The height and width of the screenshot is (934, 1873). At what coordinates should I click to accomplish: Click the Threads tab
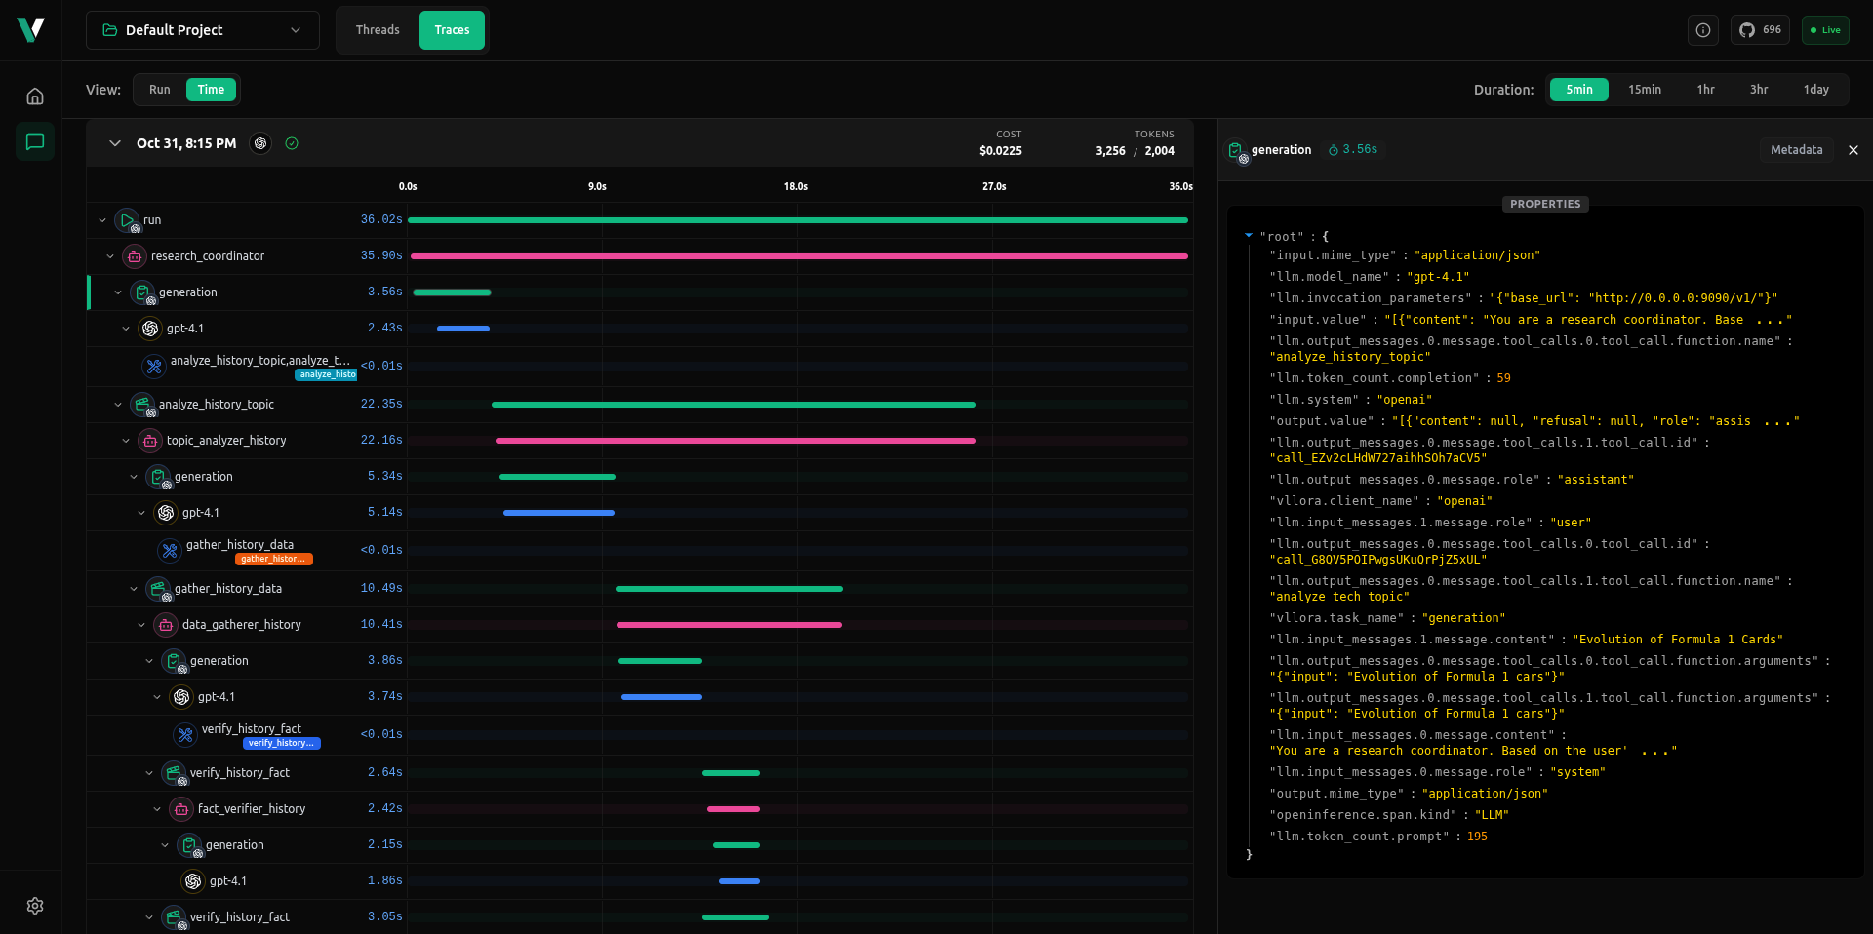click(378, 30)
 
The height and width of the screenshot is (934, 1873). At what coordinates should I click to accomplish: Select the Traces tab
click(452, 30)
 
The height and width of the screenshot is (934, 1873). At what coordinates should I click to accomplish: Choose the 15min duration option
click(1644, 90)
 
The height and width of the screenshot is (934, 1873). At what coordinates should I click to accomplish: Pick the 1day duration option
click(1815, 90)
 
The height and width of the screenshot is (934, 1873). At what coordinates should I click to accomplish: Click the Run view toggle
click(159, 90)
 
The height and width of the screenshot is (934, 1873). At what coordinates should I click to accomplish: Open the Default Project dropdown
click(203, 30)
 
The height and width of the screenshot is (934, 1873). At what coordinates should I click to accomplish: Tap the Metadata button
click(1796, 150)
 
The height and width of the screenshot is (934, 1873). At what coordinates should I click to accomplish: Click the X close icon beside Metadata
click(1853, 150)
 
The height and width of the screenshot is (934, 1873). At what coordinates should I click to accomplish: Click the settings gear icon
click(35, 906)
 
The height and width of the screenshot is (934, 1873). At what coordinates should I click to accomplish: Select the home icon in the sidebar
click(35, 97)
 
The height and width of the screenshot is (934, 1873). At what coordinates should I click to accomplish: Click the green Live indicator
click(1824, 30)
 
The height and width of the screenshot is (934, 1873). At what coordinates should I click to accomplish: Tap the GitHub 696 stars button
click(1760, 30)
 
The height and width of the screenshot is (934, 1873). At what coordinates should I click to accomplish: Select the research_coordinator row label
click(208, 256)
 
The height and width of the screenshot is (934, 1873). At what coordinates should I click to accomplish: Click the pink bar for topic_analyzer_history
click(735, 441)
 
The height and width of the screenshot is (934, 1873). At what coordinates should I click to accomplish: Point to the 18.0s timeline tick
click(795, 186)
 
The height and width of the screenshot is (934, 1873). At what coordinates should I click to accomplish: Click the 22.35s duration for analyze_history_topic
click(381, 404)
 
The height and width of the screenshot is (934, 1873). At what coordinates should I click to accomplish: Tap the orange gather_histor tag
click(274, 559)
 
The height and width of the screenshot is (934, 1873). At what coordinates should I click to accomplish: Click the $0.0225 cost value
click(1000, 151)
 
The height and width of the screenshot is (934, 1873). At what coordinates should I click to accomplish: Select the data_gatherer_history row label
click(241, 625)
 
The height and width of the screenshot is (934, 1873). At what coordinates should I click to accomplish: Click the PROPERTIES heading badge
click(1545, 204)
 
